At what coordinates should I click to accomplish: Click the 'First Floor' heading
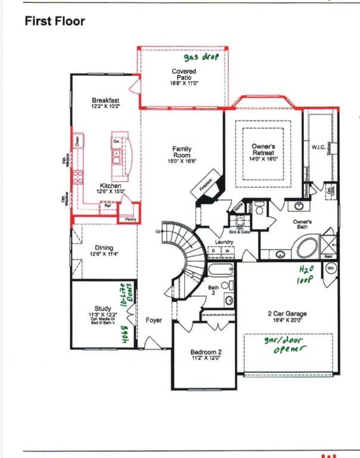pos(55,22)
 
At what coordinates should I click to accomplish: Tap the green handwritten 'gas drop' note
pos(201,57)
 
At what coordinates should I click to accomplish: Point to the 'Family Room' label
pos(182,152)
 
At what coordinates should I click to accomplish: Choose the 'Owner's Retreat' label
pos(262,150)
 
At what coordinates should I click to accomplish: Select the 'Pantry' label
pos(131,219)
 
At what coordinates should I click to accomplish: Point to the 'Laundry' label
pos(224,242)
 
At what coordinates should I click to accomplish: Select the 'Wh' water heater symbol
pos(331,268)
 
